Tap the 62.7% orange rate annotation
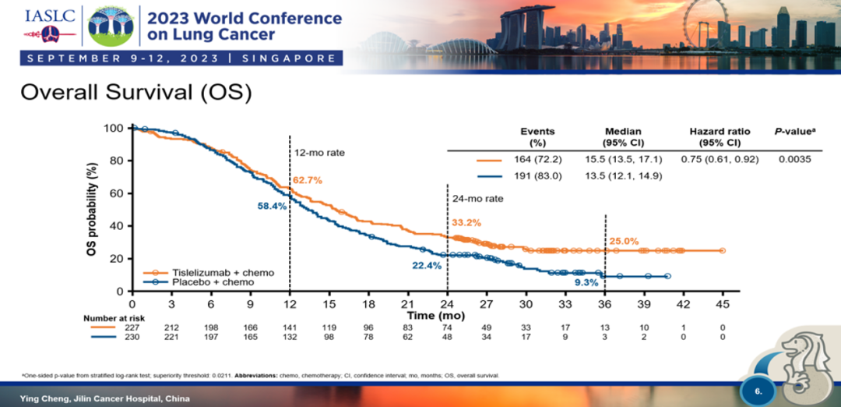point(307,180)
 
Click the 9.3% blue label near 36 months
point(586,282)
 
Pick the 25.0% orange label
point(624,241)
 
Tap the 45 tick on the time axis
point(723,303)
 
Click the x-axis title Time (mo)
point(437,315)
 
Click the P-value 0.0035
point(793,159)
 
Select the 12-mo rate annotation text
point(319,153)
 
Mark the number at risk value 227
point(132,327)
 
